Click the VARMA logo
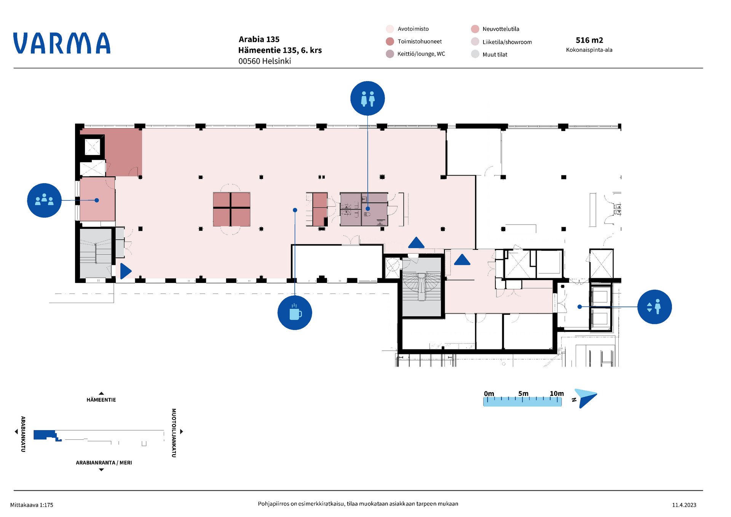[62, 43]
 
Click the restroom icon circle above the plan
[367, 98]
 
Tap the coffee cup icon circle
[295, 313]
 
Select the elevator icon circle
[654, 307]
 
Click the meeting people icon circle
[44, 200]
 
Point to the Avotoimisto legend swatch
[390, 29]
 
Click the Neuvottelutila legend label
[501, 29]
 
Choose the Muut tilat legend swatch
[475, 54]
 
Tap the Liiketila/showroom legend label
[507, 42]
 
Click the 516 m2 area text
[589, 40]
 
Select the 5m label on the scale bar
[523, 393]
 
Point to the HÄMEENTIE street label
[101, 400]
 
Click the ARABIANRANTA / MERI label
[104, 463]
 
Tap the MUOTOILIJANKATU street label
[174, 433]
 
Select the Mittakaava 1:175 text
[32, 505]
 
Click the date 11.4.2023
[684, 505]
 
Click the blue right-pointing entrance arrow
[126, 271]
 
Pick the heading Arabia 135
[259, 39]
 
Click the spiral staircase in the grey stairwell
[422, 284]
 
